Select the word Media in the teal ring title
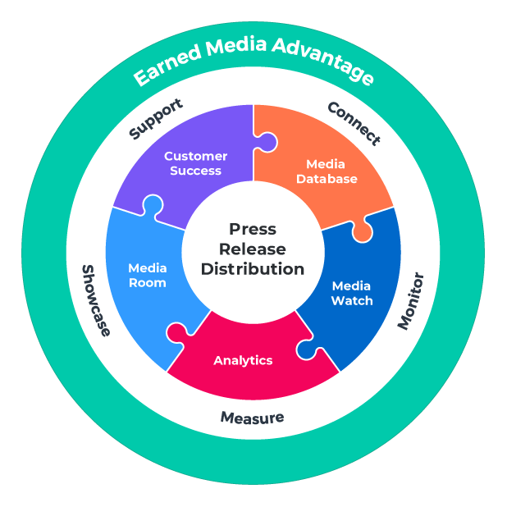click(238, 49)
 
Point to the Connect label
click(354, 122)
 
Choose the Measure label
click(252, 417)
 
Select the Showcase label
click(95, 299)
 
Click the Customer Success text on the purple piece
click(196, 163)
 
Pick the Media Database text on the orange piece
click(327, 171)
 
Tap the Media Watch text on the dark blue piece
click(351, 293)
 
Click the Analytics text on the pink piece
click(243, 360)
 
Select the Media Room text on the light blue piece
click(148, 275)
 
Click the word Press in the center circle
click(253, 229)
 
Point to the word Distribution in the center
click(253, 268)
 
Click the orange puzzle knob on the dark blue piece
click(362, 232)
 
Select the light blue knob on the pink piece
click(176, 331)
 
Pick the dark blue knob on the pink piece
click(306, 349)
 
